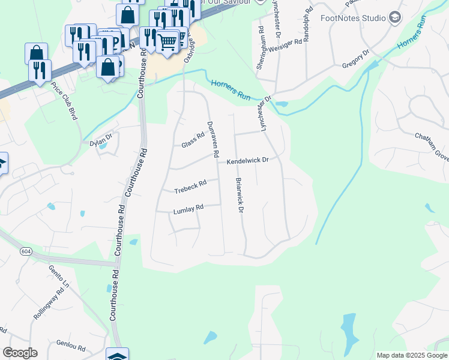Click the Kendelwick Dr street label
pos(247,161)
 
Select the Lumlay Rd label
pos(188,209)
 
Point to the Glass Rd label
pos(193,142)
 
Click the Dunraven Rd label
pos(213,139)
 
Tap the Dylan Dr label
pos(101,138)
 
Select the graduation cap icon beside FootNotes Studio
pos(395,17)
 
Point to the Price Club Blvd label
pos(64,101)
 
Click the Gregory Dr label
pos(355,58)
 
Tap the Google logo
pos(20,353)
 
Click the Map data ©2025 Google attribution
pos(412,355)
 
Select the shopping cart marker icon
pos(167,41)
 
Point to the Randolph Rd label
pos(307,24)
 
